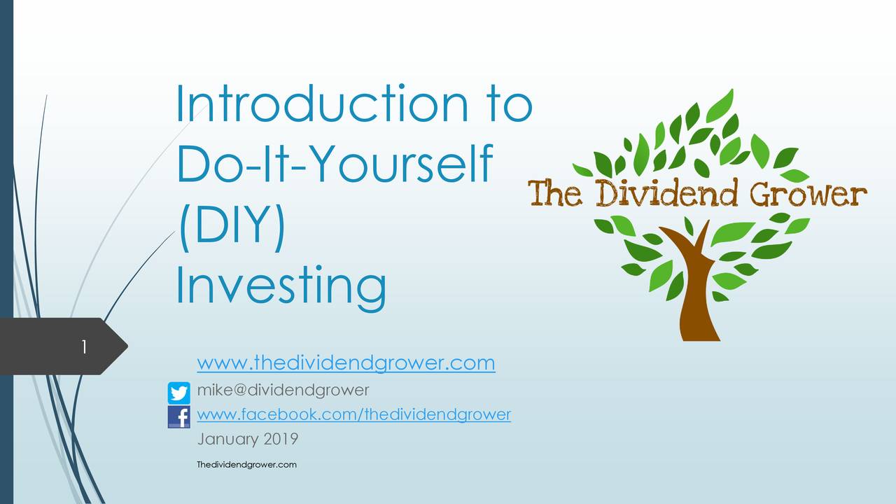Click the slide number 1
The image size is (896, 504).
tap(83, 346)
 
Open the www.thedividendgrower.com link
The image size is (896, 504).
tap(346, 363)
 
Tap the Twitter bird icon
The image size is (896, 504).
tap(179, 393)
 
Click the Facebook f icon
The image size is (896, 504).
tap(179, 417)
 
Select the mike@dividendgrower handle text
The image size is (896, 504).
tap(283, 389)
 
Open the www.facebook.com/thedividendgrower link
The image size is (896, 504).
tap(354, 414)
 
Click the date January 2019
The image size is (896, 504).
tap(248, 440)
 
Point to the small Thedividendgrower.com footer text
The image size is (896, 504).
tap(247, 465)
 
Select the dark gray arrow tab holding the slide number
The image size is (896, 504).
tap(63, 346)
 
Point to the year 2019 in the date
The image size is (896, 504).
tap(281, 440)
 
